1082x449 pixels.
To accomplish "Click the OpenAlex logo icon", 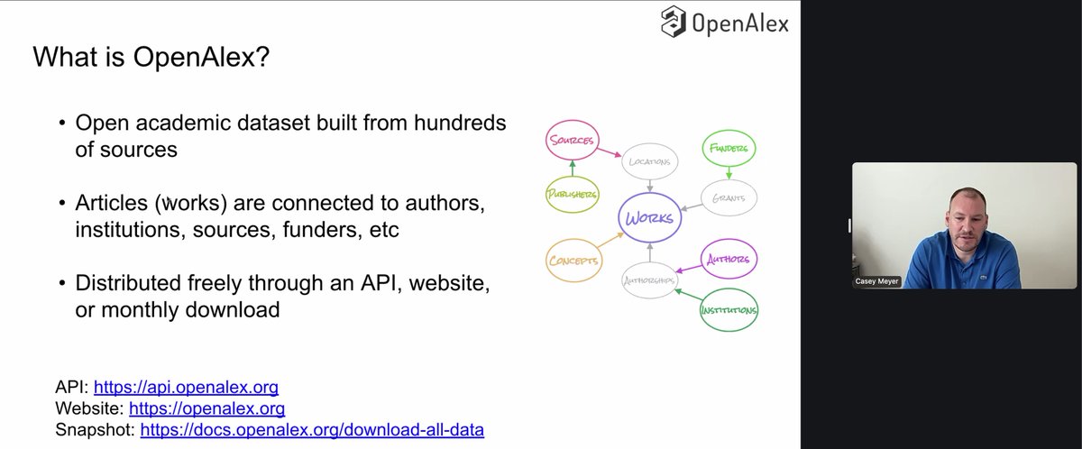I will [673, 22].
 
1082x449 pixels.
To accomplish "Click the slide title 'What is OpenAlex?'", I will [151, 59].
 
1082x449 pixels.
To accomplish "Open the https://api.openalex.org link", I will [186, 388].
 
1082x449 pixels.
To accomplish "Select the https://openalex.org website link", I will [207, 408].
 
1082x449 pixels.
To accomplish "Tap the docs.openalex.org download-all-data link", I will [312, 430].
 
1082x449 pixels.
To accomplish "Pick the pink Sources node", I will [572, 141].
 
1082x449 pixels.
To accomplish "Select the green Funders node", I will [729, 149].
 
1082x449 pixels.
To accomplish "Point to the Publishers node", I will [572, 193].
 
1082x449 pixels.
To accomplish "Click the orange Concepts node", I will [573, 261].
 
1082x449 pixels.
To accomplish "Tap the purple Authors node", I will [728, 259].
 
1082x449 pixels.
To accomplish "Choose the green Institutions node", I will [729, 311].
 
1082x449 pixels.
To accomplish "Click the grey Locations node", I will [649, 162].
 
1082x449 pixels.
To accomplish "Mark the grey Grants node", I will [729, 197].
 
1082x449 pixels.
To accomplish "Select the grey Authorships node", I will [649, 280].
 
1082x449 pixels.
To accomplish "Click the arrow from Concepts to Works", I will [614, 241].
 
